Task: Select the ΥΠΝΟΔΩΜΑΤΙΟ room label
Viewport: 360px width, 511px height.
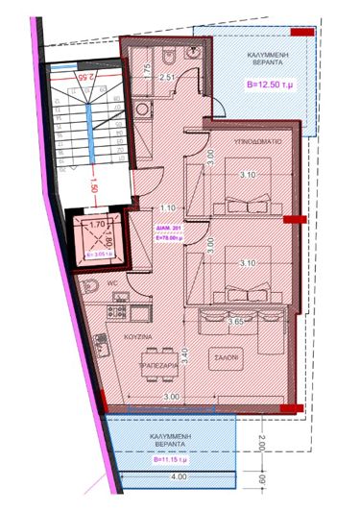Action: (254, 139)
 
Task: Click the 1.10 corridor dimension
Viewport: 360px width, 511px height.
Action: (167, 207)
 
